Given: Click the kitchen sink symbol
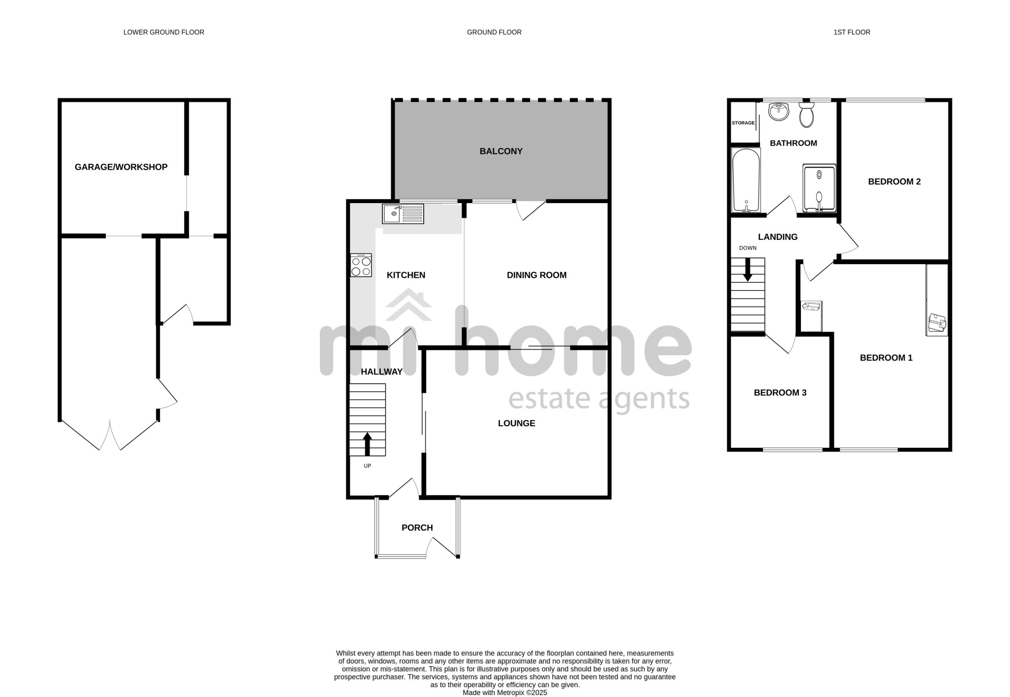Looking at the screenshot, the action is (x=403, y=214).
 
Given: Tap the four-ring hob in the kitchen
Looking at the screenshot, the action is (x=361, y=265).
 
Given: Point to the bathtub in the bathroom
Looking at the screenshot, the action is (x=746, y=180).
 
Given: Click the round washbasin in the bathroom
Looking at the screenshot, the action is (x=780, y=112).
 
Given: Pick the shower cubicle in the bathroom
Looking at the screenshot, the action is (x=819, y=188).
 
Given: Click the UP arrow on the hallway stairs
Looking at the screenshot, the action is (x=368, y=444).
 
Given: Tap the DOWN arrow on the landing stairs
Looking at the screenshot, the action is (x=747, y=270).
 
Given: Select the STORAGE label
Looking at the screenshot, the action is (x=743, y=123).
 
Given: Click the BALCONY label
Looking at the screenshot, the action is (x=501, y=151).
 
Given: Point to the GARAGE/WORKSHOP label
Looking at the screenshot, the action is (x=121, y=167).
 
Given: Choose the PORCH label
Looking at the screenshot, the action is (x=417, y=528).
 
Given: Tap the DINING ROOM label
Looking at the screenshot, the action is (x=537, y=275).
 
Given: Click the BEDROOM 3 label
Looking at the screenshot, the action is (x=780, y=392).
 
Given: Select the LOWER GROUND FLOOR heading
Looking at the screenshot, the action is (x=164, y=32).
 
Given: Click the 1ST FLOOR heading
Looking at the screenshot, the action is (x=852, y=32).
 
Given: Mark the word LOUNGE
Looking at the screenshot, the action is (x=517, y=423).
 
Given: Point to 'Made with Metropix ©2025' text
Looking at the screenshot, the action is (x=505, y=693).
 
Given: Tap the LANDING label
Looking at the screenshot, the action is (x=778, y=237).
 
